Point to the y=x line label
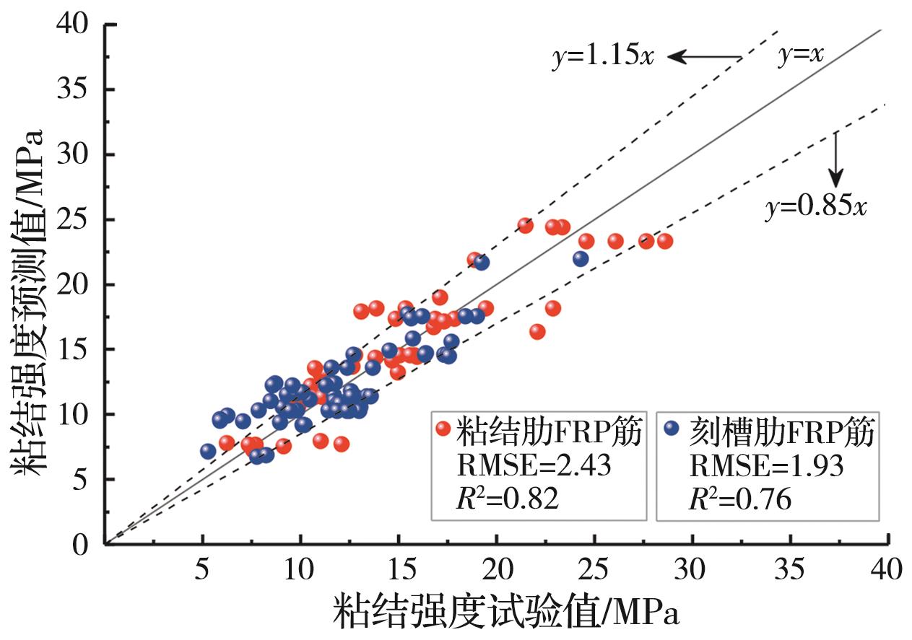pyautogui.click(x=801, y=56)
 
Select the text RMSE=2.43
pyautogui.click(x=534, y=466)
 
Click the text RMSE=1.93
pyautogui.click(x=766, y=466)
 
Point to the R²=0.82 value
pyautogui.click(x=508, y=499)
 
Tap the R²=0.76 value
pyautogui.click(x=739, y=499)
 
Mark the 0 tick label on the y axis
pyautogui.click(x=81, y=544)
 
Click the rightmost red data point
pyautogui.click(x=664, y=241)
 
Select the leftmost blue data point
pyautogui.click(x=208, y=452)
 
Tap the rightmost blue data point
pyautogui.click(x=581, y=258)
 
